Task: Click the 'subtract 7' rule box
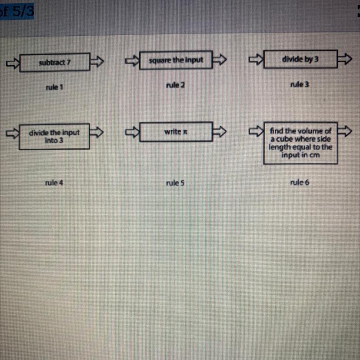pos(55,63)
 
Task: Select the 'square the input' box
pos(176,60)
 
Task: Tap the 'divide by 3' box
pos(300,59)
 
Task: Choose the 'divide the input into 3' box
pos(54,137)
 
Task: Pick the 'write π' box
pos(176,131)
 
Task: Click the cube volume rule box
pos(300,143)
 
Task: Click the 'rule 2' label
pos(175,85)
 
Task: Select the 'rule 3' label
pos(300,84)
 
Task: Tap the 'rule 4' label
pos(54,183)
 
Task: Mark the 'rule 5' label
pos(175,183)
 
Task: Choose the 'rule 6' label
pos(300,183)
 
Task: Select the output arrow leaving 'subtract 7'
pos(97,62)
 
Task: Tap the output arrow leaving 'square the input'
pos(220,60)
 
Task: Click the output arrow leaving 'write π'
pos(220,131)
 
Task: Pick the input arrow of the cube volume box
pos(257,130)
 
